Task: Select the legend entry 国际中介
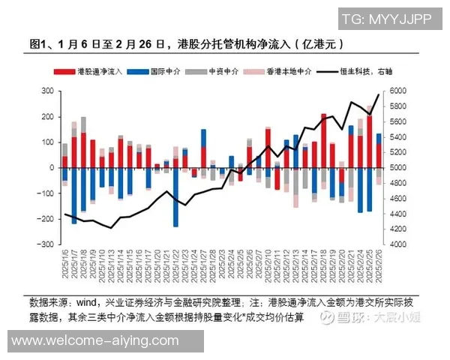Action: pyautogui.click(x=154, y=72)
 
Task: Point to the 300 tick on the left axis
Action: pyautogui.click(x=46, y=91)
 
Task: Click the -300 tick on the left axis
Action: pyautogui.click(x=45, y=244)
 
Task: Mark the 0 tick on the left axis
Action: pyautogui.click(x=51, y=168)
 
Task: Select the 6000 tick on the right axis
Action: pyautogui.click(x=397, y=91)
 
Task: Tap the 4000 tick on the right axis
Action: pyautogui.click(x=397, y=244)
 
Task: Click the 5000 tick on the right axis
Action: pyautogui.click(x=397, y=168)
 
